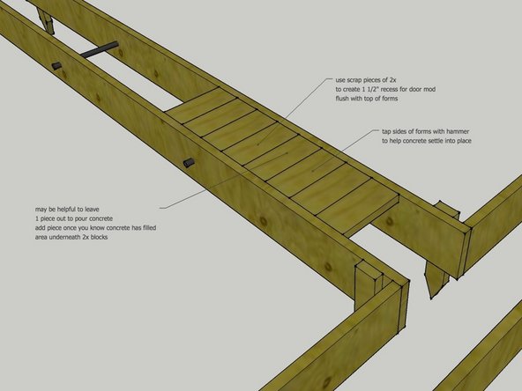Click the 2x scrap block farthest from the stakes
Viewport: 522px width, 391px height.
(199, 107)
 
